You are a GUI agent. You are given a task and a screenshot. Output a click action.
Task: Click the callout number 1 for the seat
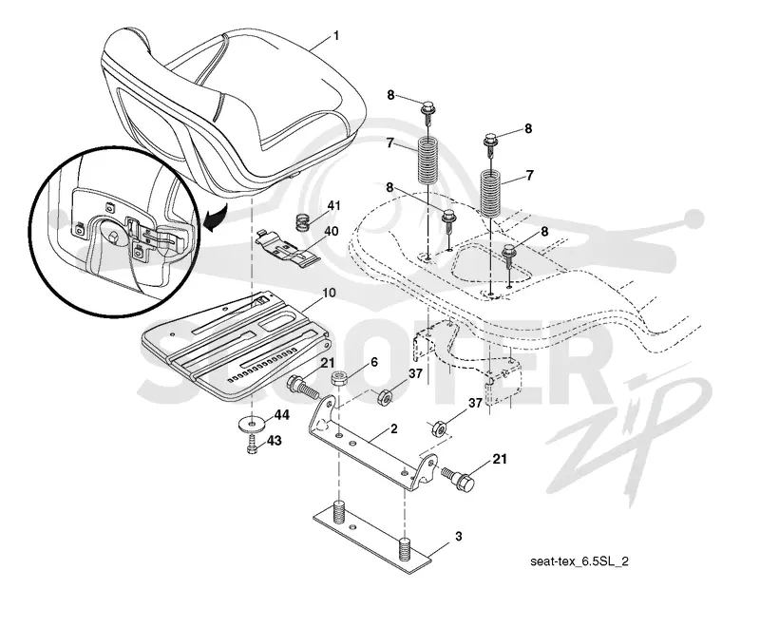pos(336,36)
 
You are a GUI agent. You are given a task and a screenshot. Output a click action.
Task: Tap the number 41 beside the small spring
pos(334,206)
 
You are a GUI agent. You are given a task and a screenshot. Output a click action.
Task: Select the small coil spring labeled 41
pos(303,223)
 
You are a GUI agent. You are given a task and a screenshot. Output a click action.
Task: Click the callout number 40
pos(331,231)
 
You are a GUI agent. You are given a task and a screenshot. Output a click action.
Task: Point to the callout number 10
pos(329,294)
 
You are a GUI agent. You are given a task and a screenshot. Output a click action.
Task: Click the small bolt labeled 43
pos(253,445)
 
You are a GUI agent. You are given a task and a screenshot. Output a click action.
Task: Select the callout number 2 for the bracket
pos(394,428)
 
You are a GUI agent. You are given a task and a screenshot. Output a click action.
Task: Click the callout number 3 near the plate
pos(459,537)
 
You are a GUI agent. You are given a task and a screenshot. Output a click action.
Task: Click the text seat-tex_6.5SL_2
pos(579,561)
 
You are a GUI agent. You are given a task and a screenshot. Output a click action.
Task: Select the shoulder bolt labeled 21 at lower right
pos(458,478)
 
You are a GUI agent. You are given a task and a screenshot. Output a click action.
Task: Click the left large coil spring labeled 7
pos(428,161)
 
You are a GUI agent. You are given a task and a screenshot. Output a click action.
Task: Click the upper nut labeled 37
pos(386,396)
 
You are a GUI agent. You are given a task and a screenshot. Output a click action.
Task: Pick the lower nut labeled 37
pos(439,428)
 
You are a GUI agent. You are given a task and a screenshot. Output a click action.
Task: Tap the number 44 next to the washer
pos(281,415)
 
